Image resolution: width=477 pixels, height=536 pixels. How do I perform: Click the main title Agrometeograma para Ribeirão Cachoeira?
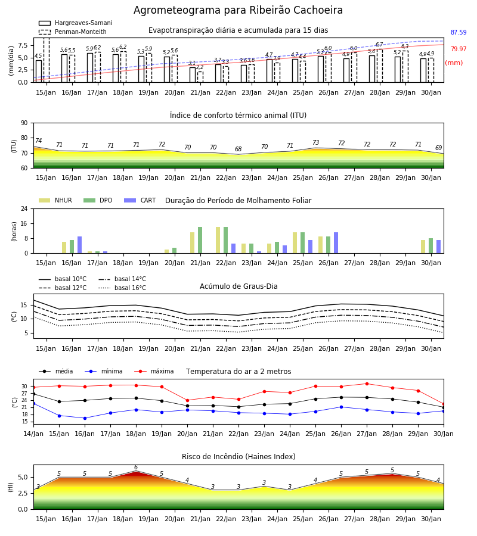coord(238,10)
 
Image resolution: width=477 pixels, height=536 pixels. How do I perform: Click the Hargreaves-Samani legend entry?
coord(76,23)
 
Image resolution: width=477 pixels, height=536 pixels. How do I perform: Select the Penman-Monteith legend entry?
coord(73,32)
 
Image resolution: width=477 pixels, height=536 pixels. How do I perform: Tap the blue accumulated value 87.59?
coord(459,33)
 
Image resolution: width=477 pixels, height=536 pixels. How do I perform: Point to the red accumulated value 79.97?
coord(459,49)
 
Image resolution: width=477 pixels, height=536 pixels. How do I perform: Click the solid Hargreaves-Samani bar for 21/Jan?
coord(193,75)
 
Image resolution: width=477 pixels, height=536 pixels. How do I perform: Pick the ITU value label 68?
coord(238,149)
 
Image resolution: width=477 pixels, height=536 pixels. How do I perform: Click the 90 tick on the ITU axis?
coord(24,123)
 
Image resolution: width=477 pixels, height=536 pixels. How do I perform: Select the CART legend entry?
coord(140,200)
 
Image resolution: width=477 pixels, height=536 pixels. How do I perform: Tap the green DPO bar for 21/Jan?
coord(200,240)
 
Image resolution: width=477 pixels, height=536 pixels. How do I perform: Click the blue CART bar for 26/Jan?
coord(336,243)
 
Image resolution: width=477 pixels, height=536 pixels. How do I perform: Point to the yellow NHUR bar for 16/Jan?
coord(64,248)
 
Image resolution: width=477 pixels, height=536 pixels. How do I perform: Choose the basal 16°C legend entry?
coord(122,288)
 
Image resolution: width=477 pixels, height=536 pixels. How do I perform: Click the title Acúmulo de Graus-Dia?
coord(238,286)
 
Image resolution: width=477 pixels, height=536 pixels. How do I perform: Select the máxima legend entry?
coord(154,371)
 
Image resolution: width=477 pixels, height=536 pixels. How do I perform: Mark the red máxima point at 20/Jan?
coord(187,400)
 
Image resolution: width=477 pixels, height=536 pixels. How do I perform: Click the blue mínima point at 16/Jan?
coord(85,418)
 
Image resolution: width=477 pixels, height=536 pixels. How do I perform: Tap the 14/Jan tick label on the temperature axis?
coord(33,434)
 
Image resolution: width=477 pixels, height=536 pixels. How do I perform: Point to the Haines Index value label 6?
coord(136,468)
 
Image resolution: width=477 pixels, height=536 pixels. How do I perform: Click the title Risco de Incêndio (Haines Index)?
coord(238,457)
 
